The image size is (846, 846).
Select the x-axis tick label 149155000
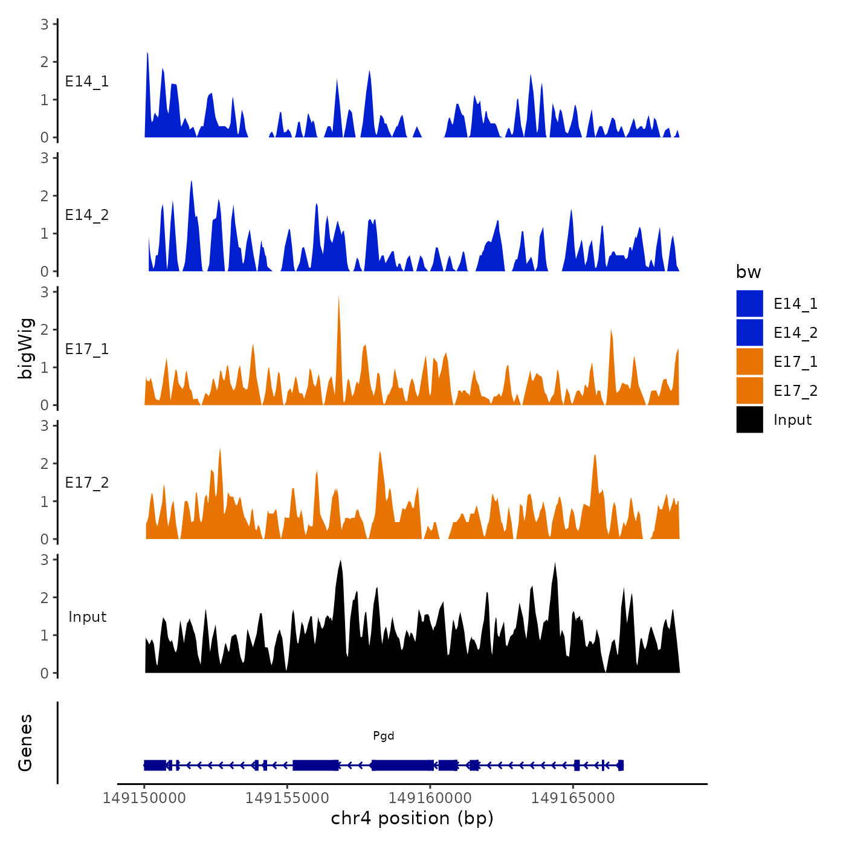[x=287, y=798]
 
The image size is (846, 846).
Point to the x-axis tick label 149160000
[x=430, y=798]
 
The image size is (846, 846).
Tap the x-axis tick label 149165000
[x=573, y=798]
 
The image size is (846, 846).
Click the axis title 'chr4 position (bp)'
[x=412, y=818]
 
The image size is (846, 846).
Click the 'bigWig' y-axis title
[x=25, y=348]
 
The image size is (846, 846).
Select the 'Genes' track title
[x=25, y=743]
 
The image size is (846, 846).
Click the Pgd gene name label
[x=383, y=735]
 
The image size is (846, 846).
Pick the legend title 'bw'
[x=748, y=272]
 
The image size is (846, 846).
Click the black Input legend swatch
[x=749, y=419]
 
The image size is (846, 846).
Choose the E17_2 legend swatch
[x=749, y=390]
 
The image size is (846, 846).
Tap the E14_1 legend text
[x=795, y=303]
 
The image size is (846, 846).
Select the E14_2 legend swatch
[x=749, y=332]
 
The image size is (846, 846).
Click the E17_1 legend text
[x=795, y=361]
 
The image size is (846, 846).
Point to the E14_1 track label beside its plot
[x=87, y=82]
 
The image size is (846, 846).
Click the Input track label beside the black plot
[x=87, y=617]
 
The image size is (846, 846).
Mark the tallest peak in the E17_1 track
[x=338, y=297]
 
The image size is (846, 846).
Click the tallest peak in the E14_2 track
[x=191, y=182]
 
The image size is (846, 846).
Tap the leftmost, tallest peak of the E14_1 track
[x=147, y=54]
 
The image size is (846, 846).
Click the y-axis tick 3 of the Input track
[x=45, y=560]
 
